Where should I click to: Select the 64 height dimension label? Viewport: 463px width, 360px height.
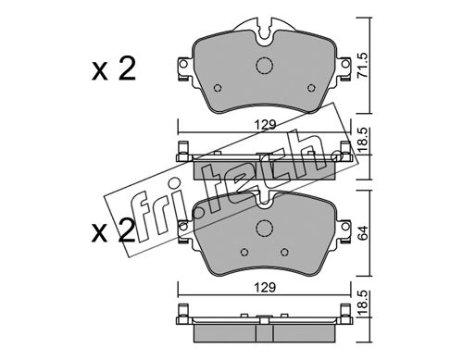363,233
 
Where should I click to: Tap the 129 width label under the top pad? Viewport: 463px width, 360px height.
265,125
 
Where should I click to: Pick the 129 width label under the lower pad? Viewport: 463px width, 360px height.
265,288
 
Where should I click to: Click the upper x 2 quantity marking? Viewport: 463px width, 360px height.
114,69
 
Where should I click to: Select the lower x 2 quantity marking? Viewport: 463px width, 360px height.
114,231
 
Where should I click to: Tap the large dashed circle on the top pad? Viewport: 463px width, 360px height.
265,66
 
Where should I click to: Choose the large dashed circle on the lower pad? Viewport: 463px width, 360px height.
265,228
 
